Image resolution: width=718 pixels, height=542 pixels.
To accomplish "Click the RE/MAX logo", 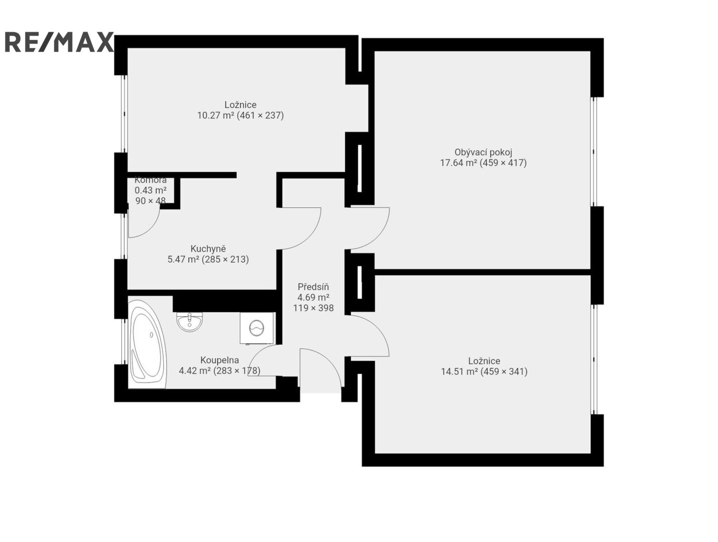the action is (x=59, y=42).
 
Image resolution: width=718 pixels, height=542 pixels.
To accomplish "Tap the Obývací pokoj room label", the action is (x=483, y=152).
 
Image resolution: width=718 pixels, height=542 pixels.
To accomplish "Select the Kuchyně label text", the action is (x=208, y=249).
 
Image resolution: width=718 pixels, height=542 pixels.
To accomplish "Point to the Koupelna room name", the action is (x=219, y=360).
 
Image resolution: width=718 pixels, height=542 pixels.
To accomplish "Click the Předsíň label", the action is (x=313, y=287).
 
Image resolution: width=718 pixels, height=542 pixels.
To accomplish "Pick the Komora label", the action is (x=151, y=180).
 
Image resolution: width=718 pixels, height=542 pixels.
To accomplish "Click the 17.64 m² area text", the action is (x=458, y=163).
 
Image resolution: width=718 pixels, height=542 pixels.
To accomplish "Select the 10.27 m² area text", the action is (x=215, y=115).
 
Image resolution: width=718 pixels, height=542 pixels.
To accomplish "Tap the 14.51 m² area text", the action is (x=459, y=371).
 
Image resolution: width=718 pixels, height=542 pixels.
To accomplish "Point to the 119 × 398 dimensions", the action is (x=313, y=308).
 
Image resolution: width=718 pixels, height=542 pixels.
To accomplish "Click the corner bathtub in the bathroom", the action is (x=147, y=344).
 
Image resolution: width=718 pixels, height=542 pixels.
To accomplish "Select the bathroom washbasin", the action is (x=189, y=322).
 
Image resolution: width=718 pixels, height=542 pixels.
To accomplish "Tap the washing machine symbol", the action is (x=256, y=328).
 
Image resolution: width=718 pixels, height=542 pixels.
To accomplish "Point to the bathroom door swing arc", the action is (x=258, y=353).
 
